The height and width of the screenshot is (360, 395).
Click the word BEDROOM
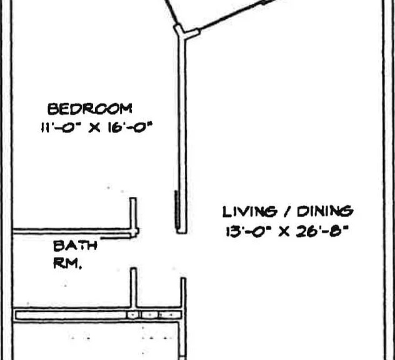click(x=89, y=109)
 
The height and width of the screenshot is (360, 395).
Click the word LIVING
click(x=249, y=212)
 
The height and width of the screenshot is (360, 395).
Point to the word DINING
click(x=325, y=212)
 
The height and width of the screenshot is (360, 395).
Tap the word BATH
click(x=76, y=246)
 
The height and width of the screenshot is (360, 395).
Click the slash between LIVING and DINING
click(x=286, y=212)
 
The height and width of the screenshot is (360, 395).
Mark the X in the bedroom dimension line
click(x=94, y=127)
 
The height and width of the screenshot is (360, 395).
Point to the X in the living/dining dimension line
click(x=284, y=232)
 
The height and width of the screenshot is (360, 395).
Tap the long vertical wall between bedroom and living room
click(x=182, y=134)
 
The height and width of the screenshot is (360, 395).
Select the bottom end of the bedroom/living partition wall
click(x=182, y=232)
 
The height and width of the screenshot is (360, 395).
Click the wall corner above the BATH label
click(x=134, y=232)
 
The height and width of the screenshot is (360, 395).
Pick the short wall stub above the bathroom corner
click(x=133, y=213)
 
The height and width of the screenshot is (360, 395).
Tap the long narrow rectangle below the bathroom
click(x=99, y=315)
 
